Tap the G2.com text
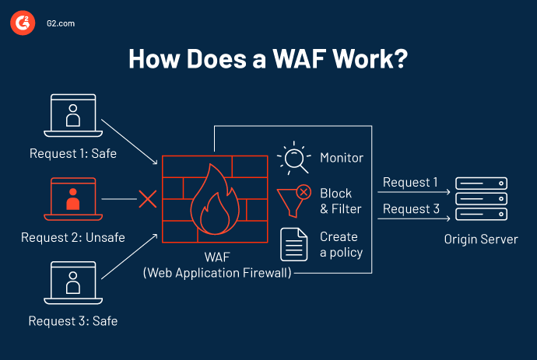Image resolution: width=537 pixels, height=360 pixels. pyautogui.click(x=59, y=24)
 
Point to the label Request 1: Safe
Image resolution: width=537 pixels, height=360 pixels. pyautogui.click(x=73, y=153)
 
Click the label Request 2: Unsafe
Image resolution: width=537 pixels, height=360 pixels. pyautogui.click(x=72, y=237)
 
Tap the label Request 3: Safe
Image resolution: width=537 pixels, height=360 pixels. pyautogui.click(x=73, y=320)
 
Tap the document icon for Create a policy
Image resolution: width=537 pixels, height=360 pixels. pyautogui.click(x=294, y=244)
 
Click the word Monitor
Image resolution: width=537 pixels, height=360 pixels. pyautogui.click(x=342, y=158)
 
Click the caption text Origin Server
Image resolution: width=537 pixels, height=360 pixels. pyautogui.click(x=480, y=239)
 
